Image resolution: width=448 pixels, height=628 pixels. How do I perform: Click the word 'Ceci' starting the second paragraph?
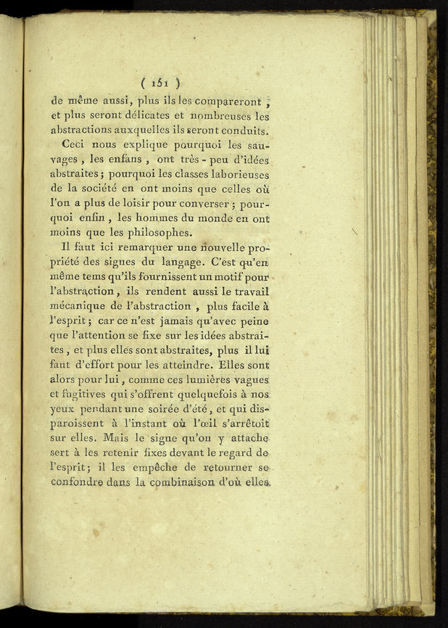tap(75, 145)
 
